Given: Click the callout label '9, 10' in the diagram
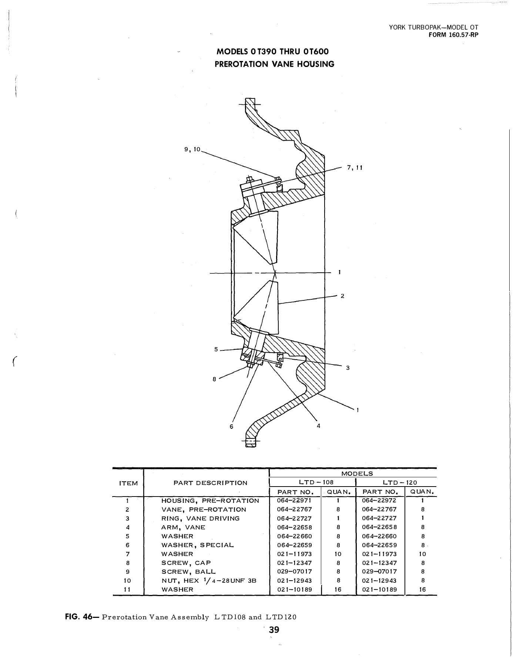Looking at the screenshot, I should pos(192,149).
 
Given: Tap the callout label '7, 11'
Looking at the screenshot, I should pos(355,168).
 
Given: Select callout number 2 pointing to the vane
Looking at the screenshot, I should pos(342,296).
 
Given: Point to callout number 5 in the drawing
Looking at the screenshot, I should pos(216,349).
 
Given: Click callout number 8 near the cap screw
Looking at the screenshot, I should pos(214,379).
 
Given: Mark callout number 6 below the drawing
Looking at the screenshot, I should pos(232,427).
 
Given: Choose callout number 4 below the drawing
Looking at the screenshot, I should pos(318,425).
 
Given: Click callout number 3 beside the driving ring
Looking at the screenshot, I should pos(348,368).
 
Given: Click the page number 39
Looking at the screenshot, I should pos(274,629).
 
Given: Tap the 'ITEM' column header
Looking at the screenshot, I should pos(128,483).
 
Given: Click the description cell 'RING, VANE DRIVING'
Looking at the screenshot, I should pos(200,518).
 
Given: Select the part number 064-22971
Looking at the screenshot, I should pos(294,500).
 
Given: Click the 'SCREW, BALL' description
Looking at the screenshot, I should pos(188,572).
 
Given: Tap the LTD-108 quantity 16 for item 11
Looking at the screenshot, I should pos(338,589).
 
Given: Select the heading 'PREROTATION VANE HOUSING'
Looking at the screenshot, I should pos(274,64).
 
